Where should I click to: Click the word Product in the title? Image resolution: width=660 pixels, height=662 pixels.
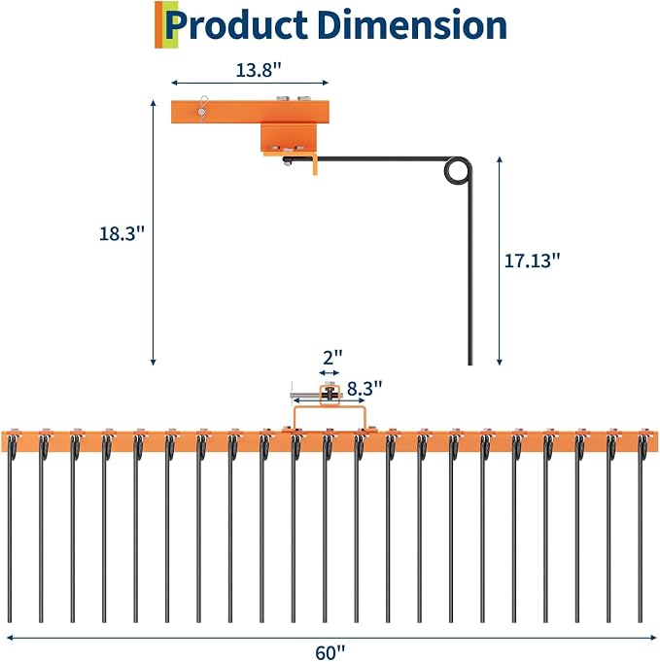236,25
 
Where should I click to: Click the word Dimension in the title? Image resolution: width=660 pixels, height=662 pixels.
412,24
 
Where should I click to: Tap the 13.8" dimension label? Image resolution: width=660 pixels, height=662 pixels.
258,70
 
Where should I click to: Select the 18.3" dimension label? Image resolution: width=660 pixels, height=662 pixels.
122,233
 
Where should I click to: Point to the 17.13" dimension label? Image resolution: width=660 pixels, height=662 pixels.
532,261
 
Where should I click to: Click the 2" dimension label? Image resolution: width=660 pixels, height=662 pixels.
332,358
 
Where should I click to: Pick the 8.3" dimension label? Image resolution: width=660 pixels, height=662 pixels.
365,389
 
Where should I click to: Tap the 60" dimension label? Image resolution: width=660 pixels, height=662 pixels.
330,652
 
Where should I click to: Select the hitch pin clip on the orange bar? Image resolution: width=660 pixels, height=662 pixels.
203,108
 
